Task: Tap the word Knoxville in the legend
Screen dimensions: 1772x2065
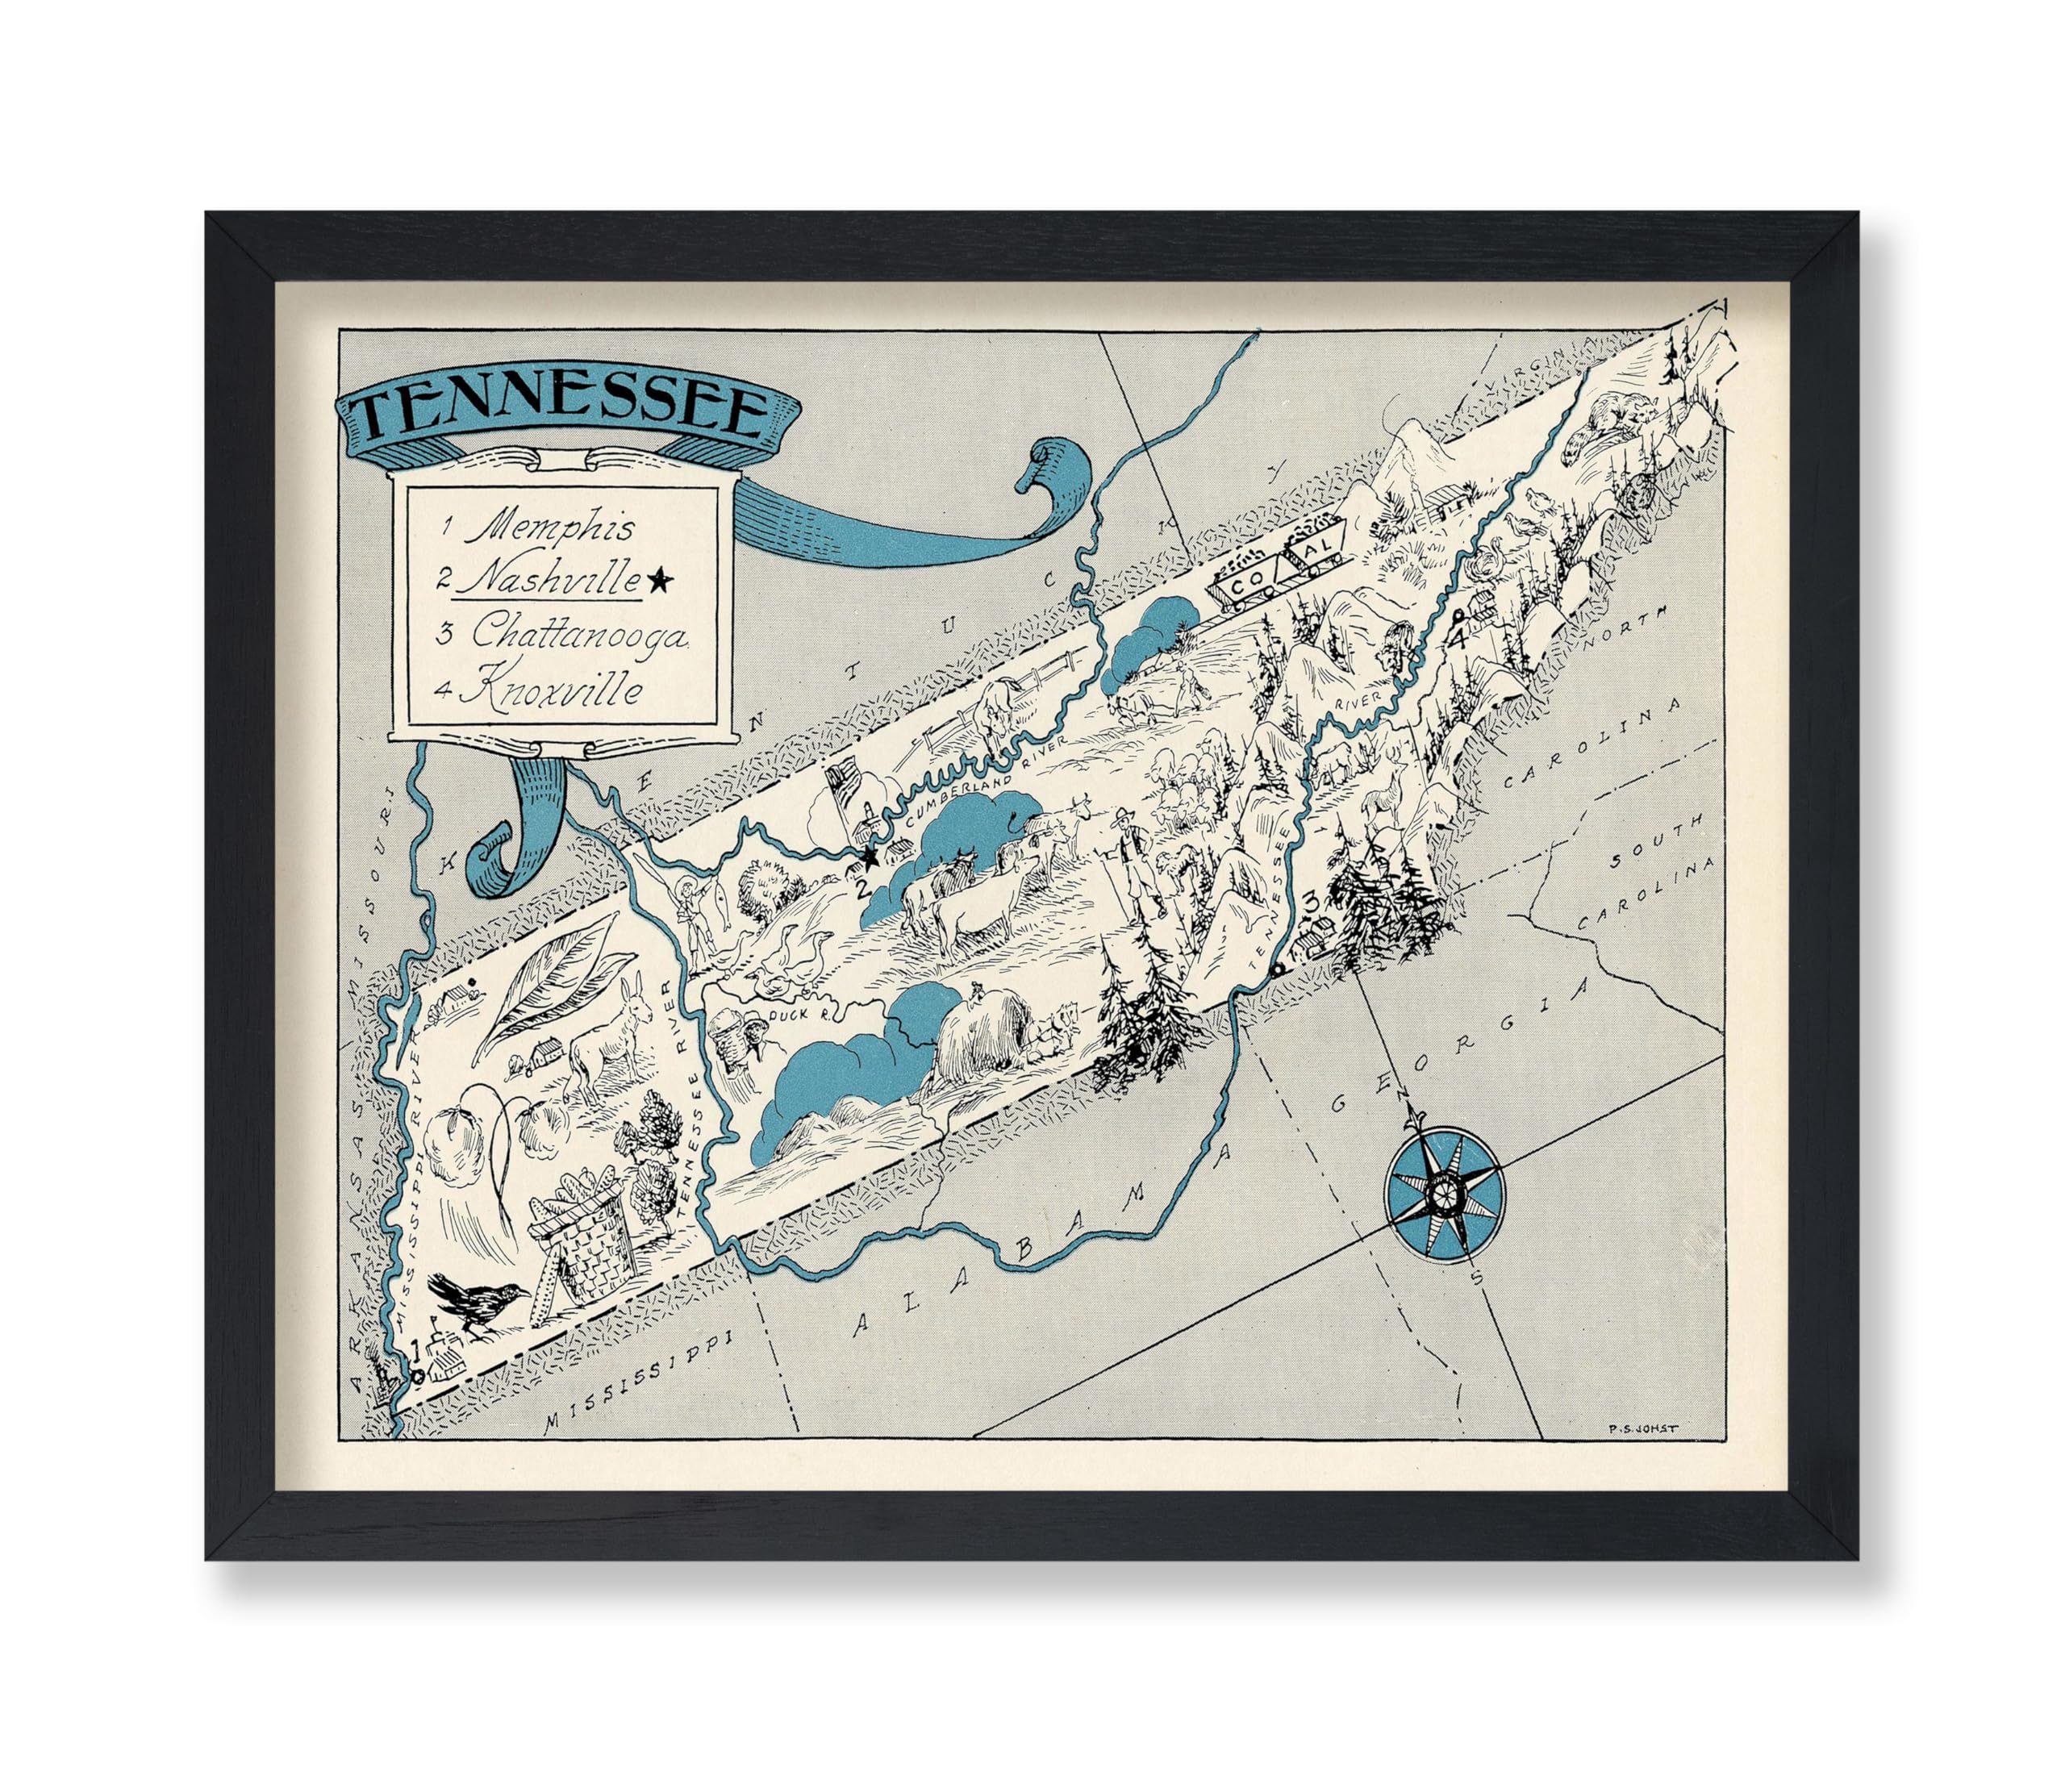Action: pos(553,690)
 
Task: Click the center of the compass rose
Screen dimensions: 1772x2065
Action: pos(1442,1193)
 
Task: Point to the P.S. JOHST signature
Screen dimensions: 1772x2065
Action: pos(1642,1427)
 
